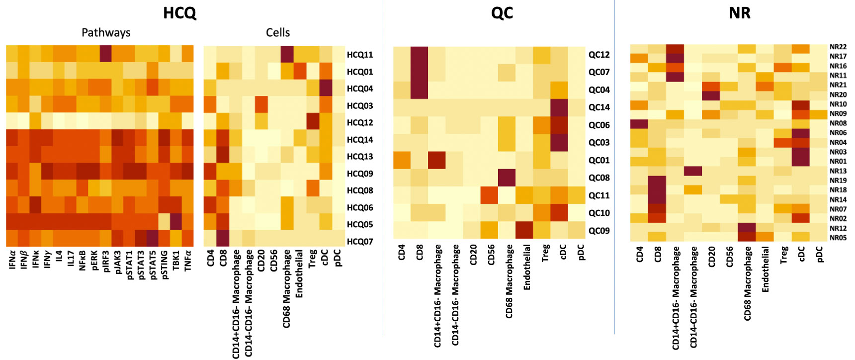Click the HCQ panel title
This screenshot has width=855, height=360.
179,13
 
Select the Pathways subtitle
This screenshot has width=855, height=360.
106,33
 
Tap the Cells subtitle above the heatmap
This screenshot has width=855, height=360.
277,33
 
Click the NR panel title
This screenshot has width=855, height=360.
739,13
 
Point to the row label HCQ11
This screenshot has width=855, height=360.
360,55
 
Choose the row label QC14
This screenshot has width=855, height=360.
599,107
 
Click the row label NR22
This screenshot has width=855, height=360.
838,47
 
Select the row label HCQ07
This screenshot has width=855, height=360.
360,242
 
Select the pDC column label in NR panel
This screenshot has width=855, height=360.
820,254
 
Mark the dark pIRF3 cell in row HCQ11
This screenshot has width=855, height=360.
106,54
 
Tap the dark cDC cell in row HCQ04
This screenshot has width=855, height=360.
326,88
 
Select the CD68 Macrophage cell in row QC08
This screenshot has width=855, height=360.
507,178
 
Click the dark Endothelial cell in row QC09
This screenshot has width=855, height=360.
524,230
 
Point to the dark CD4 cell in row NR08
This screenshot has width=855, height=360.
639,123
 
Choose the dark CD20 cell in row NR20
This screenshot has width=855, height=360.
711,95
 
